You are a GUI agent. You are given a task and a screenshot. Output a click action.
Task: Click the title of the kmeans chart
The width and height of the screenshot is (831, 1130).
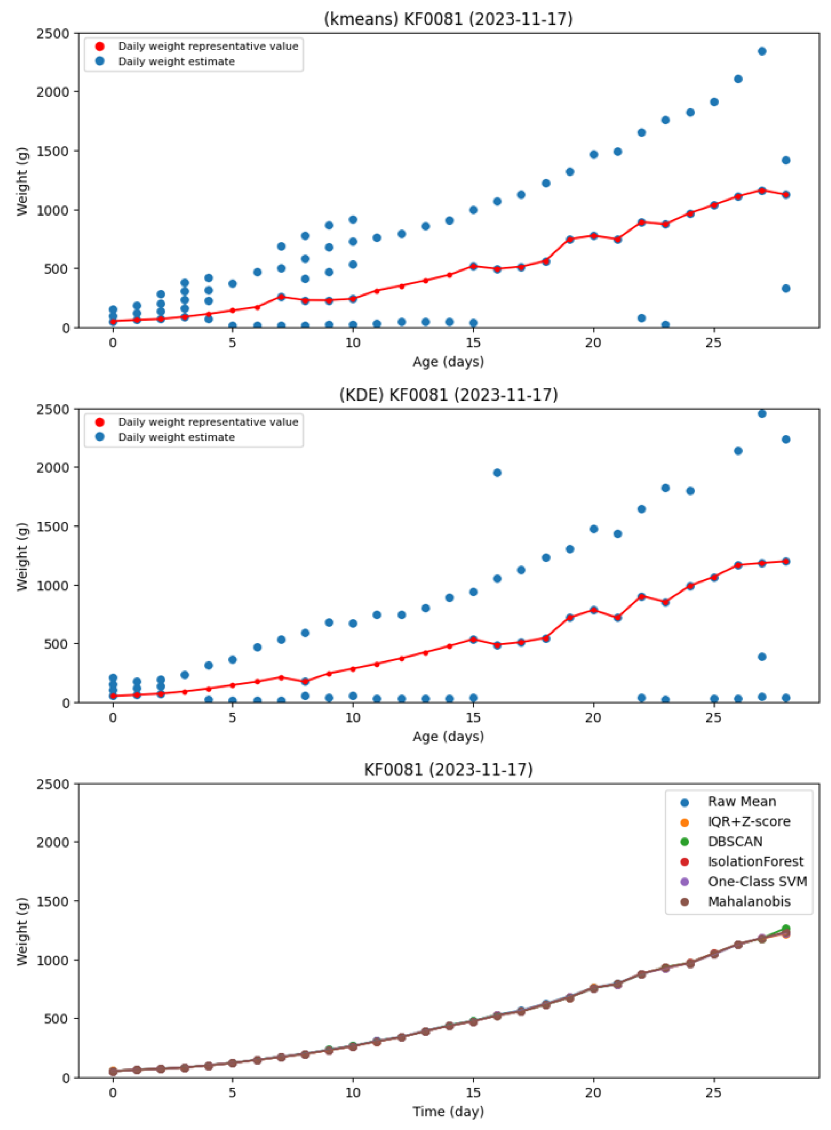(x=448, y=19)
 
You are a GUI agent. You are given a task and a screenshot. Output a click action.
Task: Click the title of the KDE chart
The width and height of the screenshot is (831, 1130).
(x=448, y=395)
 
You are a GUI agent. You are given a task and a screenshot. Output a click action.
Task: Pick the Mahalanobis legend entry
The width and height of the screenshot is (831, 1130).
(x=749, y=901)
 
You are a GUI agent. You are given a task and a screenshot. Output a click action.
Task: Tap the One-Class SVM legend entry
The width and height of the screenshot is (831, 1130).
(x=757, y=881)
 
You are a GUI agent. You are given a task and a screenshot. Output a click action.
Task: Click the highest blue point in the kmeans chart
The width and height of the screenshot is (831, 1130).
(x=762, y=51)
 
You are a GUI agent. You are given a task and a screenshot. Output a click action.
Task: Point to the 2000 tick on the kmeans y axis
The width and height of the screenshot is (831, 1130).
(x=53, y=92)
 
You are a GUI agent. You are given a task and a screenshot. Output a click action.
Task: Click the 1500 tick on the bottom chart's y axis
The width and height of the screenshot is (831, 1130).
(x=53, y=901)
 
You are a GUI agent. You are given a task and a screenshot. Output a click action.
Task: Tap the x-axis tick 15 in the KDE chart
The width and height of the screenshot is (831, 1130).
(x=473, y=717)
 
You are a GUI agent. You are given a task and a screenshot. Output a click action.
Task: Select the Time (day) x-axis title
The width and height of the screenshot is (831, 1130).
(x=448, y=1111)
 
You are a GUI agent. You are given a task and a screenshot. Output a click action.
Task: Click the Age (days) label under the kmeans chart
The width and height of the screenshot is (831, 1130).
(x=448, y=361)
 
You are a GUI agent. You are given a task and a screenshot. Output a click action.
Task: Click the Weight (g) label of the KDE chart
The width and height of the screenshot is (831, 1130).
(x=22, y=557)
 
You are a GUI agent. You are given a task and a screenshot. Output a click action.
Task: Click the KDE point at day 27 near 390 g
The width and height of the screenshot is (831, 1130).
(x=762, y=656)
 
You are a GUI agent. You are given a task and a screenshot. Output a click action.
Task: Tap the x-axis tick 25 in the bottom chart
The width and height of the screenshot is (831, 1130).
(x=713, y=1092)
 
